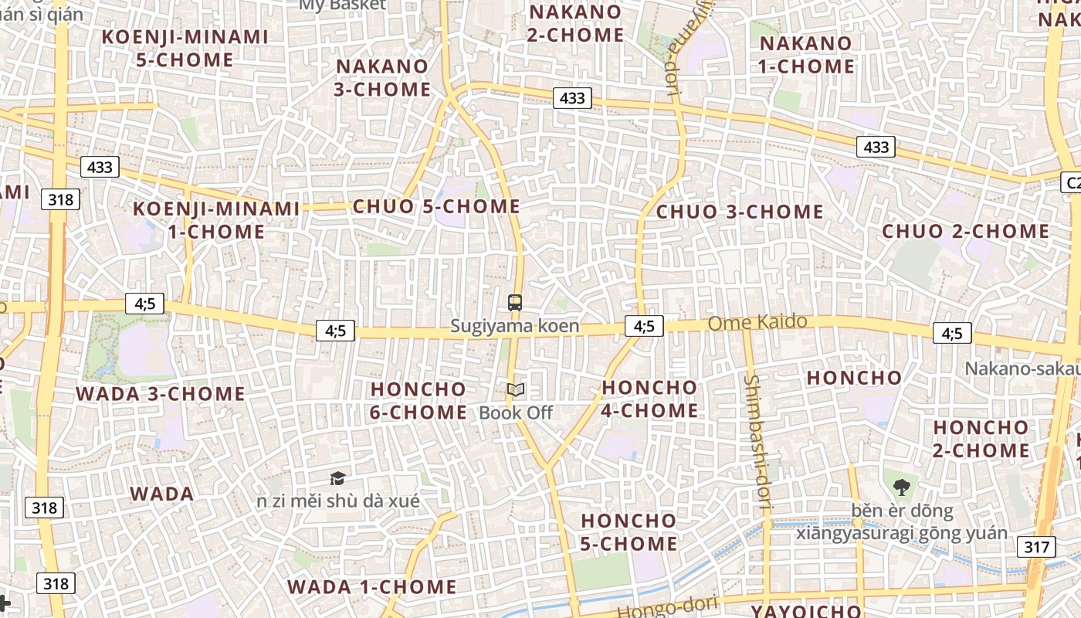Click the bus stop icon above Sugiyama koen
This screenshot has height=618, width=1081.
click(x=515, y=302)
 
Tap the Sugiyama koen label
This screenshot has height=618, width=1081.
click(x=515, y=326)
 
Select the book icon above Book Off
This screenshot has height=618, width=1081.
click(x=516, y=390)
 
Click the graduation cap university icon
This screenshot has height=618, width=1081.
click(x=337, y=478)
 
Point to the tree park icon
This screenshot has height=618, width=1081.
click(x=901, y=487)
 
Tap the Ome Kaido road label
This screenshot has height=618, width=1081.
click(x=757, y=322)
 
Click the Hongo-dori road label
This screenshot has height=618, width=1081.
click(x=669, y=608)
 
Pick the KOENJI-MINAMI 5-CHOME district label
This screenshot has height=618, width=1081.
click(x=185, y=48)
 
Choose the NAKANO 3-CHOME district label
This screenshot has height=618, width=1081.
click(x=382, y=78)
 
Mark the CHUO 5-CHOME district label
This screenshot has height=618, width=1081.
click(x=436, y=207)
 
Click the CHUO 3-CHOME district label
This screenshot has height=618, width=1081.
click(x=740, y=212)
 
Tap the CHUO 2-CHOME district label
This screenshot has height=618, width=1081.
click(x=966, y=231)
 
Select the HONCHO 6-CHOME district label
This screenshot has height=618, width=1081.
click(x=418, y=400)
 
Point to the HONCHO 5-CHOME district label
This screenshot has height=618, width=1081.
click(x=629, y=532)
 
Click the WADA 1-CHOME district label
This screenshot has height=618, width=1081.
click(x=372, y=587)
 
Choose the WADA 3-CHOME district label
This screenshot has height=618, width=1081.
click(x=161, y=394)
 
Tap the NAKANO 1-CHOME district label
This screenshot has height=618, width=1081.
click(x=806, y=55)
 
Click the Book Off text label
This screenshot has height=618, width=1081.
click(x=516, y=413)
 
